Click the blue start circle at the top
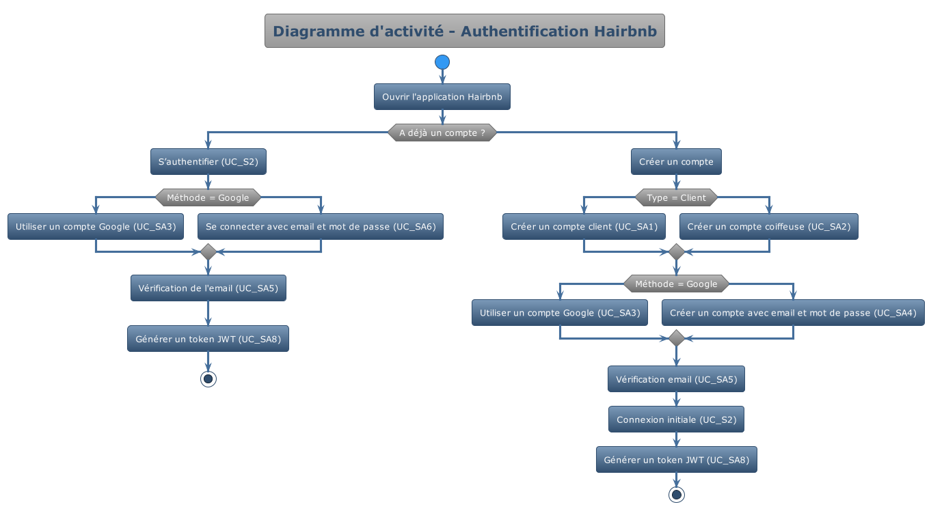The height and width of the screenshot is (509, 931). [x=442, y=62]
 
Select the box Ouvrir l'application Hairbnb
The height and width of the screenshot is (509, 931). [x=442, y=97]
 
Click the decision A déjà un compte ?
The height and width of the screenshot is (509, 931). [x=442, y=133]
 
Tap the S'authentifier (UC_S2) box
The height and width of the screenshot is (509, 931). [x=208, y=162]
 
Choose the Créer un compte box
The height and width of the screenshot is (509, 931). [x=676, y=162]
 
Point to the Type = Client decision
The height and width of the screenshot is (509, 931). [x=676, y=197]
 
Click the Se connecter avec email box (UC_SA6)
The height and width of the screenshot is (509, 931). [x=321, y=226]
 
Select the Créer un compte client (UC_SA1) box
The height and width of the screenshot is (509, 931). [x=584, y=226]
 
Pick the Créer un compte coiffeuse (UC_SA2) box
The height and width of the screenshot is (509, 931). [x=769, y=226]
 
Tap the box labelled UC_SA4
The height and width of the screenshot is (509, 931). [x=793, y=312]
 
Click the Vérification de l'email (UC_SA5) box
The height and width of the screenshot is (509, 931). [x=208, y=288]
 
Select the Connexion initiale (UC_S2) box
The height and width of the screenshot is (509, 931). [x=676, y=419]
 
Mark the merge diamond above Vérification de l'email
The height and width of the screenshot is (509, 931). [x=208, y=252]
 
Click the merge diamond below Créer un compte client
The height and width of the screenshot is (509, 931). [x=676, y=252]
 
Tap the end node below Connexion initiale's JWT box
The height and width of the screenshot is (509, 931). [x=677, y=495]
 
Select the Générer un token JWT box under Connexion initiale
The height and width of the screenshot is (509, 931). [x=676, y=460]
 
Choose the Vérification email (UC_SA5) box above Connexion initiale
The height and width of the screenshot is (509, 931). [x=676, y=379]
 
